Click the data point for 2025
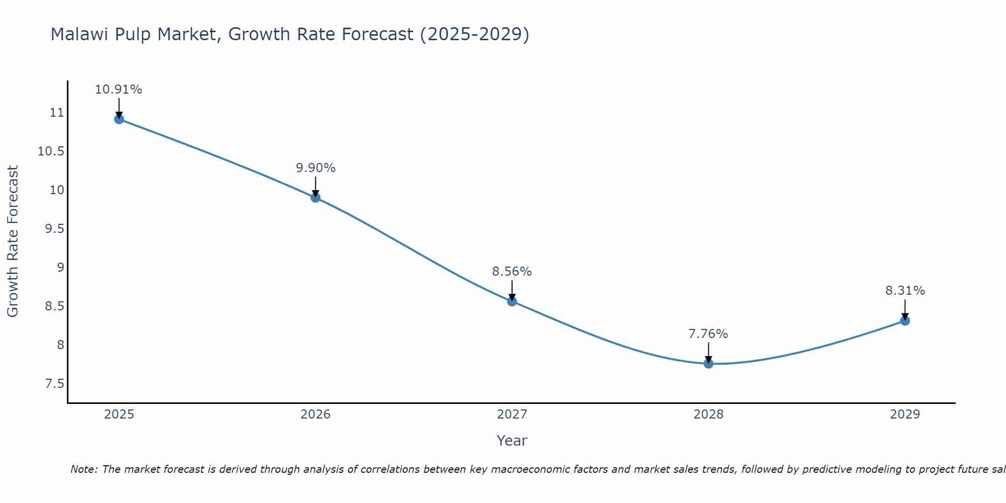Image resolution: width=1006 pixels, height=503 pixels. pos(119,119)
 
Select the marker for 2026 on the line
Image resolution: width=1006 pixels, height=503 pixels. pos(315,198)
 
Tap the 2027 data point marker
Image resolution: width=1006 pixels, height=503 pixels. pos(512,301)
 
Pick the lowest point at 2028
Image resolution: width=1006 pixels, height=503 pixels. pos(708,363)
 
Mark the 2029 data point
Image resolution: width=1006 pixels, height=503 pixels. pos(905,320)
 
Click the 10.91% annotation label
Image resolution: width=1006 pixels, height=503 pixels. pos(119,90)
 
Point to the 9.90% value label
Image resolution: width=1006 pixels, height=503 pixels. pos(315,168)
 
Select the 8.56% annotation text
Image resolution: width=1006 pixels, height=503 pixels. pos(512,272)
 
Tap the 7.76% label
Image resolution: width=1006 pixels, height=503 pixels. pos(708,334)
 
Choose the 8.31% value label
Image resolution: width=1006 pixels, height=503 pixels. pos(905,291)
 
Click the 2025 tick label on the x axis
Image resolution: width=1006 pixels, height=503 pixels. pos(119,414)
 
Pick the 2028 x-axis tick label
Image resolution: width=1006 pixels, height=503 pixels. pos(708,414)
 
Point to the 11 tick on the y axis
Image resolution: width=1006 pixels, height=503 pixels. pos(57,113)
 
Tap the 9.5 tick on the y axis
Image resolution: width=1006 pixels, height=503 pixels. pos(55,229)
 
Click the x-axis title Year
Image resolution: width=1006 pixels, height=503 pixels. pos(512,441)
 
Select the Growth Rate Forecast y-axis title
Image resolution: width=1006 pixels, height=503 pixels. pos(13,241)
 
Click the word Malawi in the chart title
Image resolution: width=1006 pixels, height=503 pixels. pos(80,34)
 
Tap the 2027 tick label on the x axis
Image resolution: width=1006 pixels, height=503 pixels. pos(512,414)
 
